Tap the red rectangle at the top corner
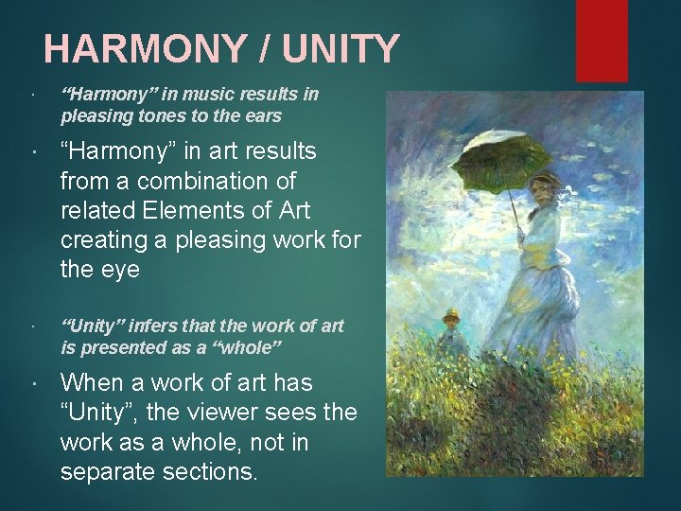tap(602, 40)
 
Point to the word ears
tap(264, 116)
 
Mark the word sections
tap(209, 472)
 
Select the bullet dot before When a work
tap(34, 384)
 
